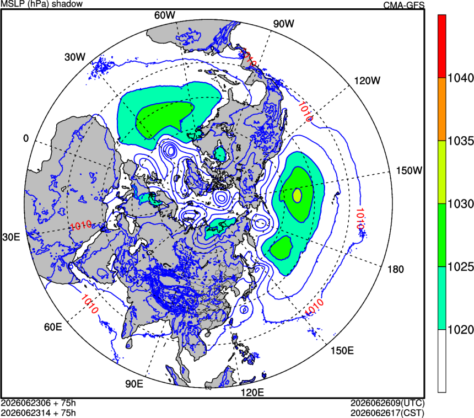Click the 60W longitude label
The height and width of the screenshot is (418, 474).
(164, 15)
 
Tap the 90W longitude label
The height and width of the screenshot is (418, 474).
(283, 24)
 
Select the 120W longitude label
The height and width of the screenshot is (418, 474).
(367, 81)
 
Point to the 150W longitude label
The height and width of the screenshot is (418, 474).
(409, 170)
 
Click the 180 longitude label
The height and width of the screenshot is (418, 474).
(396, 269)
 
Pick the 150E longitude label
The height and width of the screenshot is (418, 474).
(342, 351)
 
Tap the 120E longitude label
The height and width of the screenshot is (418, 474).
(252, 393)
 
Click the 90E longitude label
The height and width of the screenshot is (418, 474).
(134, 384)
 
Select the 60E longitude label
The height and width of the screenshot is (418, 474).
(53, 327)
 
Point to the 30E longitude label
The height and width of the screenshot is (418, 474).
(11, 237)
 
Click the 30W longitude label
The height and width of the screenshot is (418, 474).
(75, 57)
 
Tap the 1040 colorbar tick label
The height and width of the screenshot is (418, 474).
(460, 78)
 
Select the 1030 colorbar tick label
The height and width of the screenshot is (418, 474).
(460, 204)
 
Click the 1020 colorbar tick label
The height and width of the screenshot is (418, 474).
(460, 330)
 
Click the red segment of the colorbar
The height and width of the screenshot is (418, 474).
(442, 46)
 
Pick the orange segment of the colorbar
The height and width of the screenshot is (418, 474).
(442, 109)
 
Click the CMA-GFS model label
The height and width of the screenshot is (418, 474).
(404, 5)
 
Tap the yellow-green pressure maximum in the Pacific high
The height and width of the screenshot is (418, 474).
(297, 195)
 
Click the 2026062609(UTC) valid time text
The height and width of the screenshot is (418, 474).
(387, 403)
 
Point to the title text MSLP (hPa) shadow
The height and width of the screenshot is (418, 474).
(42, 4)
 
